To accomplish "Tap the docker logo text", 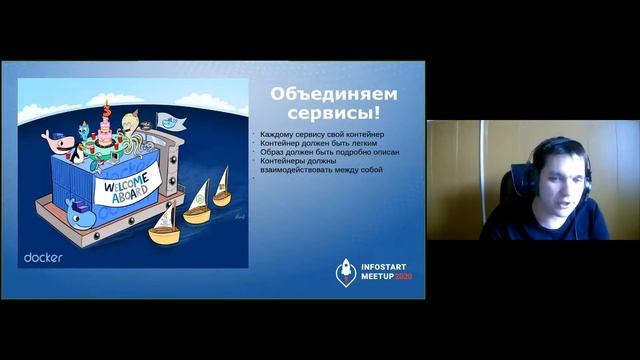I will click(x=44, y=256).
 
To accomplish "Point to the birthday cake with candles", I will click(x=102, y=130).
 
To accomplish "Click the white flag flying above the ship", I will click(x=172, y=123).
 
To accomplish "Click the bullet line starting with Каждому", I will click(x=321, y=134).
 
